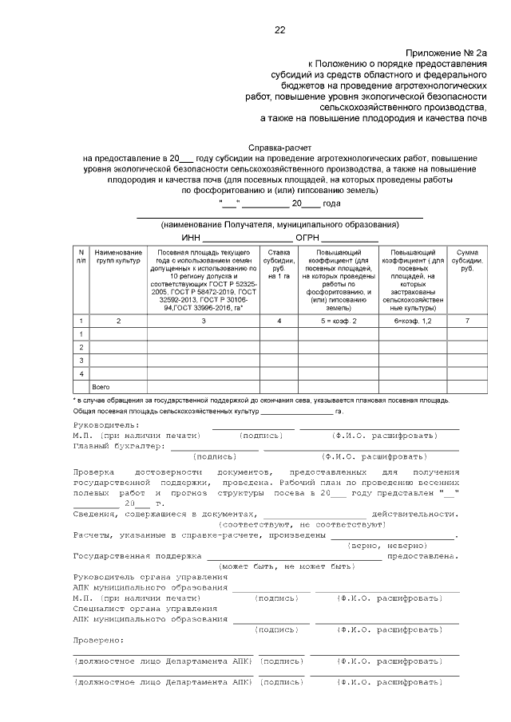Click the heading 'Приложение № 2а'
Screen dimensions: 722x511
coord(450,51)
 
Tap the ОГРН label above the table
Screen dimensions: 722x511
coord(307,237)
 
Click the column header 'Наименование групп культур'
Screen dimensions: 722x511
coord(118,256)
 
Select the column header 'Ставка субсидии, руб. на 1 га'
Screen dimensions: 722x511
coord(279,264)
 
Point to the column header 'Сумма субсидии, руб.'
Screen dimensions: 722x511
coord(465,260)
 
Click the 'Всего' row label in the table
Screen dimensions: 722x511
coord(101,386)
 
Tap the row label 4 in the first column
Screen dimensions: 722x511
coord(81,373)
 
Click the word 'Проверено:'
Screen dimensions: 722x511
coord(98,640)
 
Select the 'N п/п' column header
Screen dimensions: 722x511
coord(81,256)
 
